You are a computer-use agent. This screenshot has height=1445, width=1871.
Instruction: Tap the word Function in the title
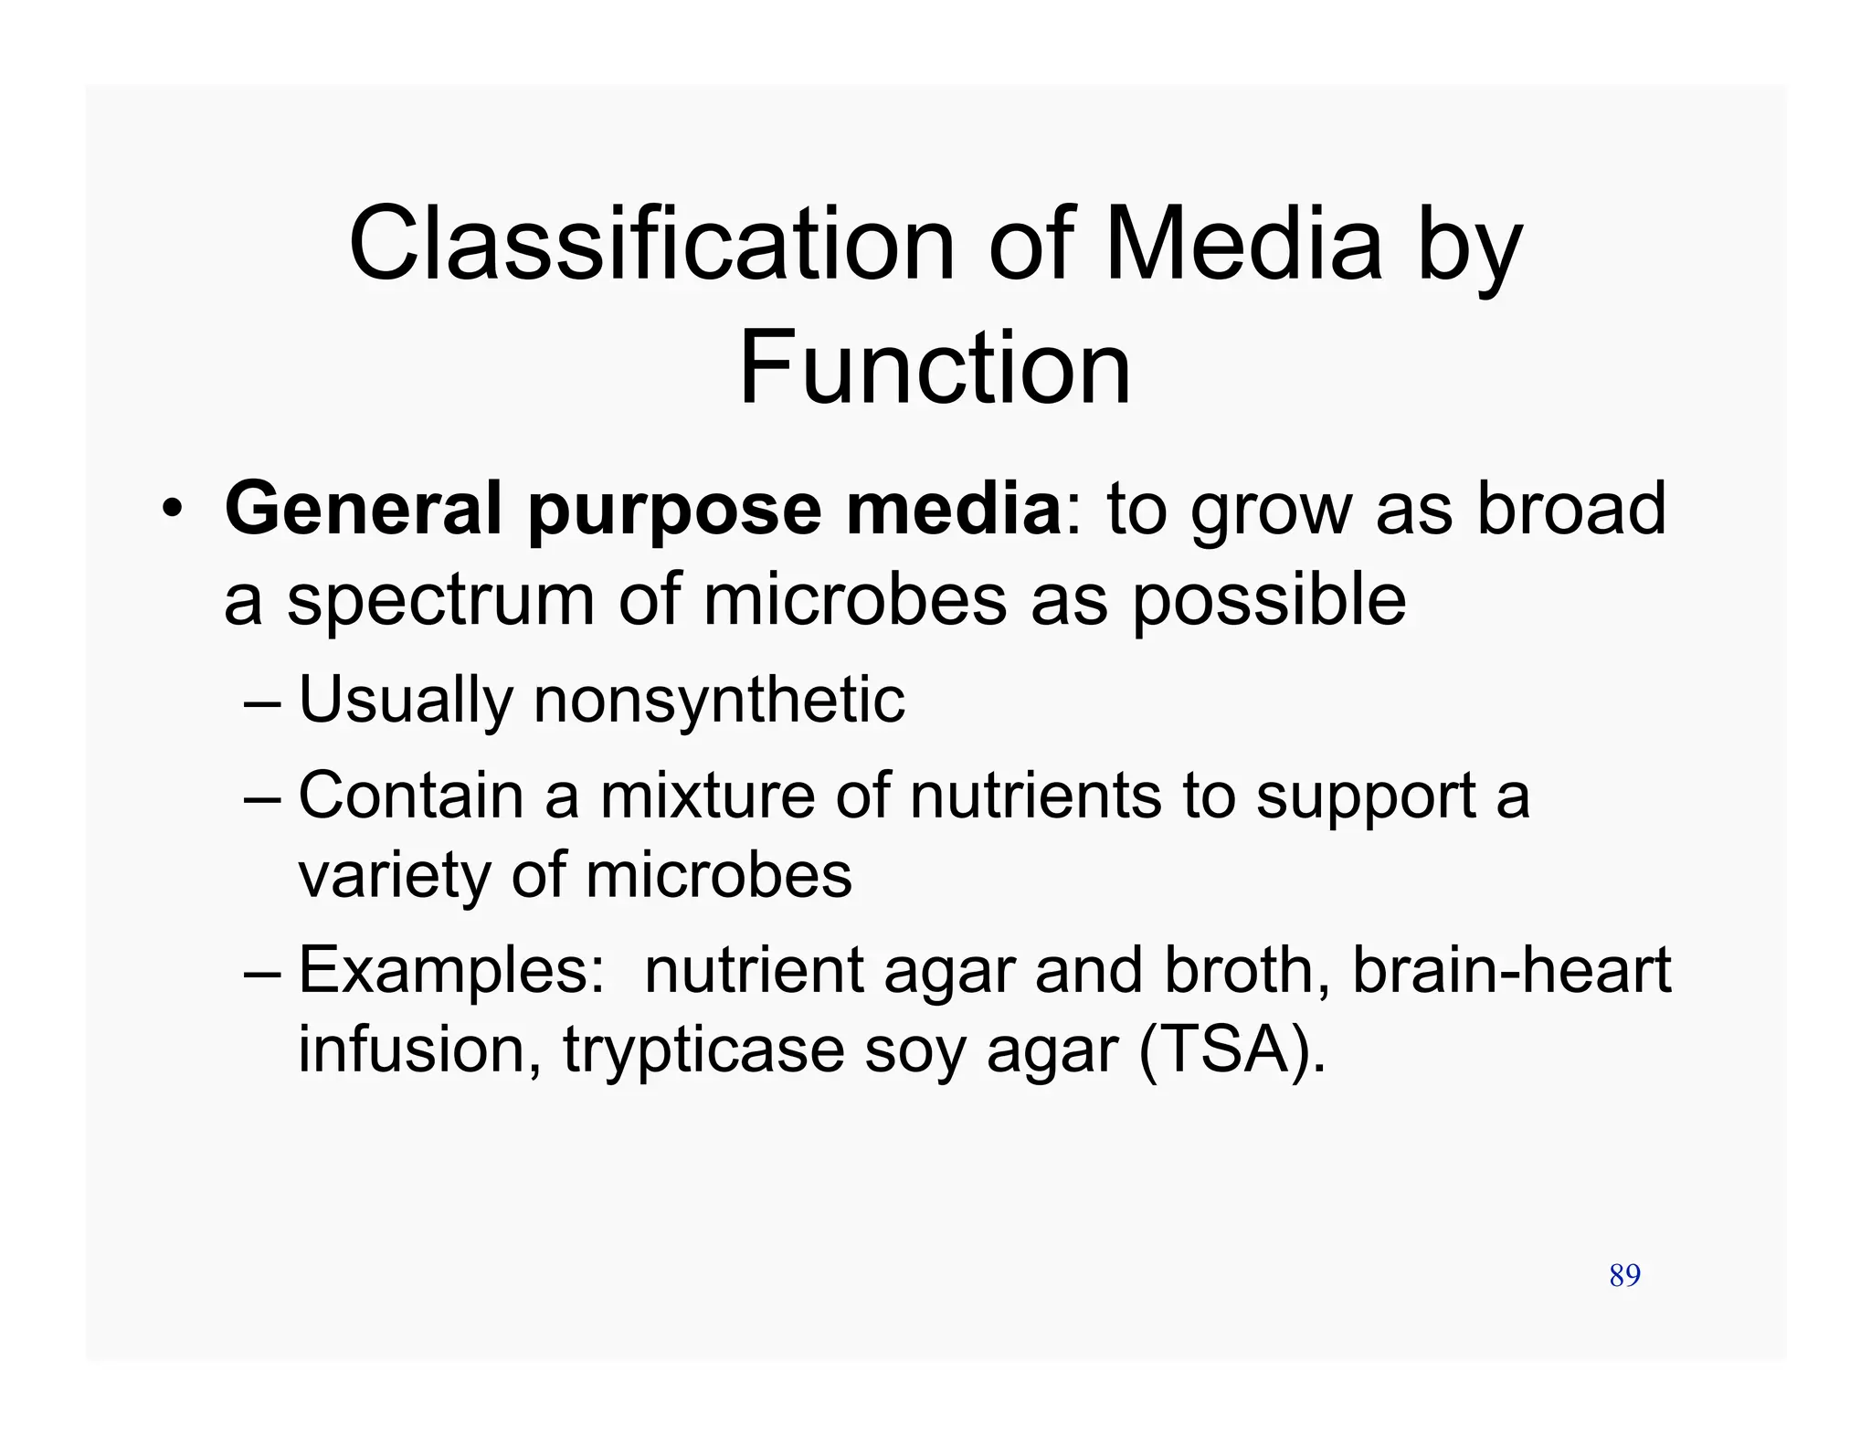point(935,368)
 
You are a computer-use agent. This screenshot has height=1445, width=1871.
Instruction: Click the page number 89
point(1624,1275)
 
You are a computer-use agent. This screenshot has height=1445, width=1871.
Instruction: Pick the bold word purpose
point(674,512)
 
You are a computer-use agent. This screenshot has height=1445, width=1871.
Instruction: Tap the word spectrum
point(441,603)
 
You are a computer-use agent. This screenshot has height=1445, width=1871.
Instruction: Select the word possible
point(1269,603)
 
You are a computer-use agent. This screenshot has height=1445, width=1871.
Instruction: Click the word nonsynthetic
point(719,701)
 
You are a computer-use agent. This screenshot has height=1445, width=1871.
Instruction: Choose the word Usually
point(406,701)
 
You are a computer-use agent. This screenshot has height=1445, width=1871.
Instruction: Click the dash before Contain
point(264,796)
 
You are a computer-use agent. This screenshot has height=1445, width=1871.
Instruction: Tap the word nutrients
point(1036,795)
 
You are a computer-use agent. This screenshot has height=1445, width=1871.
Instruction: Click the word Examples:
point(451,972)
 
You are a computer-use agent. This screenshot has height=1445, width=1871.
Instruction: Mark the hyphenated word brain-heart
point(1511,970)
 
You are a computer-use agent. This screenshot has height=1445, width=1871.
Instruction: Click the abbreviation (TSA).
point(1230,1050)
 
